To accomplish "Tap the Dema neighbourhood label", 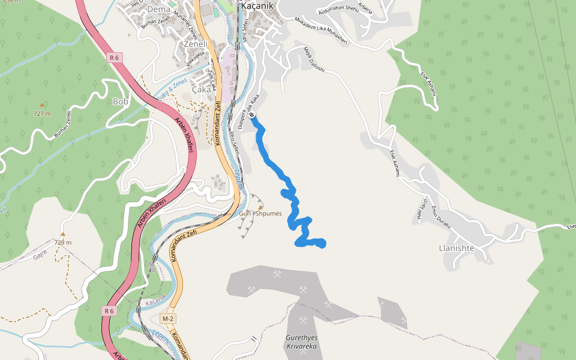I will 158,9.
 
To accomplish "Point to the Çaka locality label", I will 201,89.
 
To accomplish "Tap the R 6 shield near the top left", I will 115,58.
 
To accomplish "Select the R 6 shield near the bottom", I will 108,311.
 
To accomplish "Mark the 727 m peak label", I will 42,113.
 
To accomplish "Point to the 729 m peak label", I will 62,242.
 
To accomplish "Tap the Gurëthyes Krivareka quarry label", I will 302,343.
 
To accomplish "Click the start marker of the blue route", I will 253,115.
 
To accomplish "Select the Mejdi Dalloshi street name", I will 314,59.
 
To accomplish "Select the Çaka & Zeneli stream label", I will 172,91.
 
